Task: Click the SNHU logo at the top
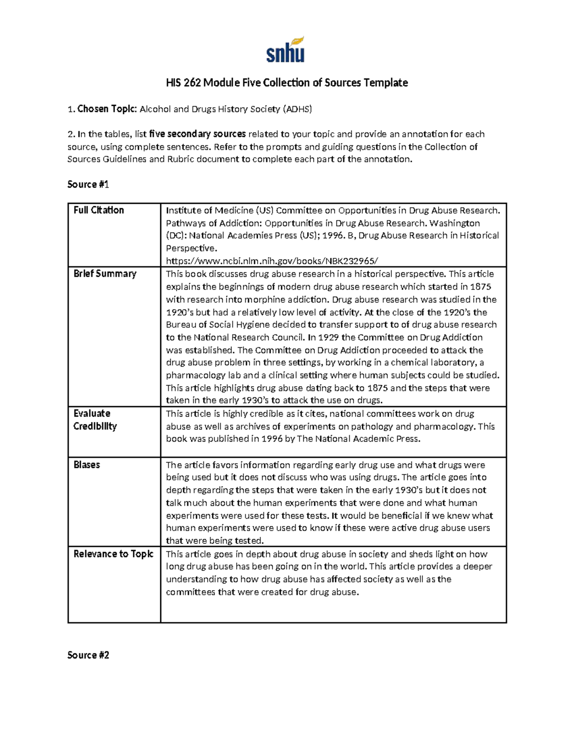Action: tap(285, 50)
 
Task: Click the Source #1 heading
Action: tap(88, 184)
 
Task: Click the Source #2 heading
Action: tap(88, 655)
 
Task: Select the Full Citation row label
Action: tap(99, 210)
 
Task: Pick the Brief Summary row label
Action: tap(105, 274)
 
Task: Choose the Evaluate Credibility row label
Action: tap(95, 420)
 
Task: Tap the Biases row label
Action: tap(87, 465)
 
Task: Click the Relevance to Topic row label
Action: tap(113, 554)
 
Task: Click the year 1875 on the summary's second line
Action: tap(481, 287)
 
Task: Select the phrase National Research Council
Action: tap(242, 337)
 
